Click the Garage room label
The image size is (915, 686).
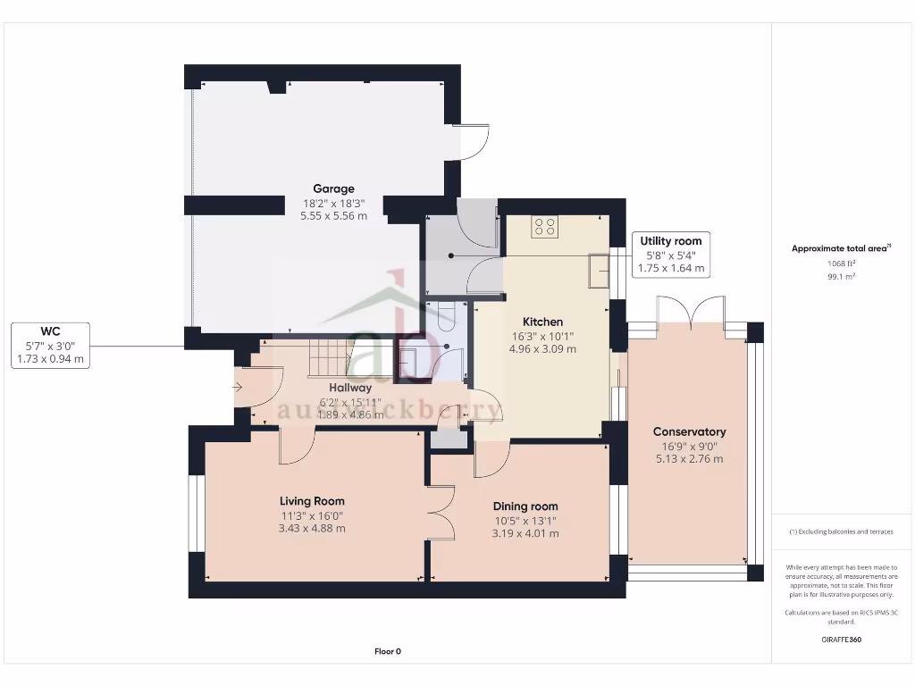tap(333, 188)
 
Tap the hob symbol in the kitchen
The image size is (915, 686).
tap(545, 227)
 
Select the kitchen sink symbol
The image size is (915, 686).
tap(598, 271)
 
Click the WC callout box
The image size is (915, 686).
tap(53, 345)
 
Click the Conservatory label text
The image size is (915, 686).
tap(689, 431)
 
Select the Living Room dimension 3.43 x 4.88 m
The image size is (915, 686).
tap(312, 528)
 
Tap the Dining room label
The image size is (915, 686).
tap(525, 506)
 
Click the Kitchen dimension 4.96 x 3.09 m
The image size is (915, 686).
tap(542, 348)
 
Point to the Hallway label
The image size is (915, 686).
tap(350, 388)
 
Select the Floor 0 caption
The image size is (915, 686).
tap(387, 651)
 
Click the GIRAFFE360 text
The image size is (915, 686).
tap(840, 640)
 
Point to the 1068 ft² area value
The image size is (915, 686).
tap(840, 264)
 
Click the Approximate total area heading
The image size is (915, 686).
tap(840, 249)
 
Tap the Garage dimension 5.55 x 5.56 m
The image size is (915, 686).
tap(333, 215)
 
